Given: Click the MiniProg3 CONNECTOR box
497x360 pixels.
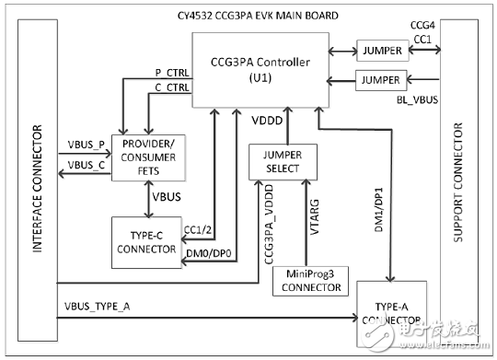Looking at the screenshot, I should point(310,282).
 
